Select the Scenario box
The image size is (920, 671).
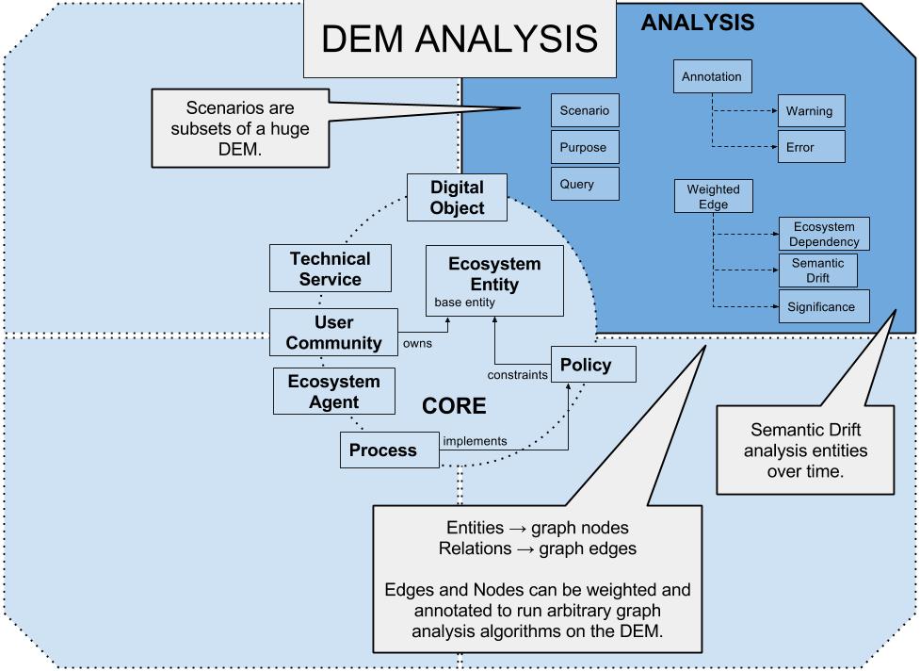point(585,111)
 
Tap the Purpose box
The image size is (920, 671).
point(585,148)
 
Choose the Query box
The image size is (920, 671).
point(585,184)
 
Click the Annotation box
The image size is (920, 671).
point(713,76)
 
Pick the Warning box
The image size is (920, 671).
point(810,111)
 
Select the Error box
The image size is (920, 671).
point(810,147)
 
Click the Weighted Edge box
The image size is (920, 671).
point(713,196)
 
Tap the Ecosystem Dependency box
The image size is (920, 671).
point(823,234)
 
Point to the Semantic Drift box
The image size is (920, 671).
point(817,270)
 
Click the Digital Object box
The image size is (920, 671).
point(457,197)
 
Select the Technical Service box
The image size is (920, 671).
point(330,269)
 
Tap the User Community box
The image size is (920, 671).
point(334,333)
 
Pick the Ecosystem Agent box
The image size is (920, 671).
point(333,392)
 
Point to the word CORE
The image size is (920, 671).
point(454,406)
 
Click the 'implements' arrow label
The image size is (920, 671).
point(475,440)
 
